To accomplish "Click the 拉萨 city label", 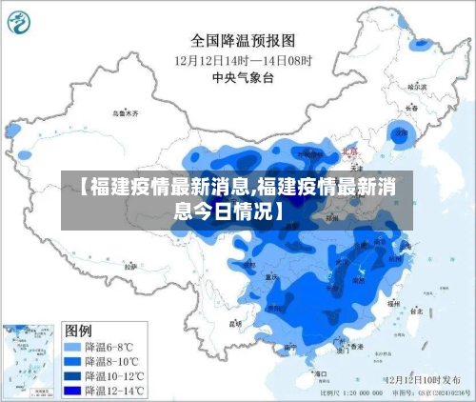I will tap(129, 265).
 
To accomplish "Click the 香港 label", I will tap(357, 347).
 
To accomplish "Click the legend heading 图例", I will tap(78, 330).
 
